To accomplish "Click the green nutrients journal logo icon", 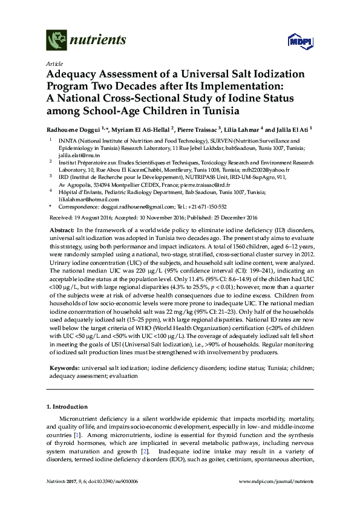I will coord(55,41).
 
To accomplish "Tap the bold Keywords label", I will coord(63,367).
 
